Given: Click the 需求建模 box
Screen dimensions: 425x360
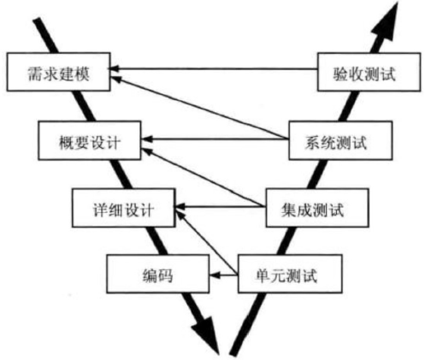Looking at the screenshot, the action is click(x=59, y=72).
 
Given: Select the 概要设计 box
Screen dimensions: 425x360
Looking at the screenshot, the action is click(x=90, y=140).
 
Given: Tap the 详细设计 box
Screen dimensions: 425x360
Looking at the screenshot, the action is click(x=124, y=208).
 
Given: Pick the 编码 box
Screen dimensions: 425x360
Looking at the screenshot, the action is click(x=158, y=274).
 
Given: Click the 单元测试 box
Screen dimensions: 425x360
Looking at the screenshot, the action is click(x=290, y=274).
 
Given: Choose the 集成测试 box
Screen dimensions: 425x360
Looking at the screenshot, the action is click(x=317, y=208).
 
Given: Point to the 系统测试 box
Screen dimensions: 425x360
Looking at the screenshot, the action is click(x=340, y=140).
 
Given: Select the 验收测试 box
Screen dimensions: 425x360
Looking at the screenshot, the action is click(x=369, y=72).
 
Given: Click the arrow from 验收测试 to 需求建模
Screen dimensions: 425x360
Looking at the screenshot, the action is click(x=214, y=68).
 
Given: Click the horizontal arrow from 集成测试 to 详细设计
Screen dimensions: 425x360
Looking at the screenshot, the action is click(x=221, y=206).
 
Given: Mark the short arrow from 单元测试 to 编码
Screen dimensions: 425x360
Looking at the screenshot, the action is click(x=224, y=275).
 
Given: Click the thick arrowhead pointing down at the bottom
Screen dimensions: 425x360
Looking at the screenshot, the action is click(x=206, y=333).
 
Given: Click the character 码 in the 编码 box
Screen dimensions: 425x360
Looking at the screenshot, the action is click(x=166, y=275).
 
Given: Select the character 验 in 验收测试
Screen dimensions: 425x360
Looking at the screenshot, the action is click(x=341, y=74).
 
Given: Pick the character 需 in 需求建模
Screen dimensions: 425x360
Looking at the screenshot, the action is click(x=36, y=74).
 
